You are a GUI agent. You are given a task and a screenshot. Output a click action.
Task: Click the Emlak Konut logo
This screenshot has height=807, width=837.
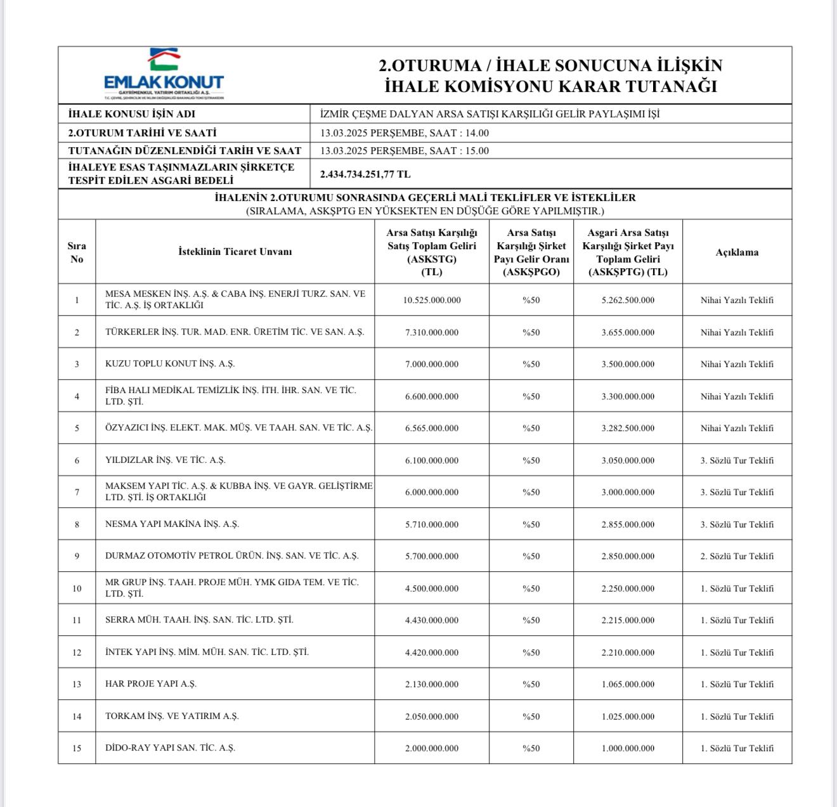click(164, 74)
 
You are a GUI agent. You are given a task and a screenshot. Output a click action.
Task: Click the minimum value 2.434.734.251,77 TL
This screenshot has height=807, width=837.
click(365, 174)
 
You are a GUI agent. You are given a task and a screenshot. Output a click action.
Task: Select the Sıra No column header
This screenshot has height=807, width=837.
click(77, 252)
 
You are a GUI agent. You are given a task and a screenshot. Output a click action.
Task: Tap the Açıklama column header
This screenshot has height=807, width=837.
click(737, 252)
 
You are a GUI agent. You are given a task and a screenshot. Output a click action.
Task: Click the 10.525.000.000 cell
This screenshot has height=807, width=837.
click(432, 300)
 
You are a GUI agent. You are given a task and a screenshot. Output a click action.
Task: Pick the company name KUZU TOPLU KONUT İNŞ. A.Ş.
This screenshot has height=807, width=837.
click(170, 364)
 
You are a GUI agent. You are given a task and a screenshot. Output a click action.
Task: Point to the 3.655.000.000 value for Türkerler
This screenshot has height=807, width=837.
click(628, 332)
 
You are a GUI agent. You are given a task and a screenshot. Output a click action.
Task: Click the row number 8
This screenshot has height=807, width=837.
click(77, 524)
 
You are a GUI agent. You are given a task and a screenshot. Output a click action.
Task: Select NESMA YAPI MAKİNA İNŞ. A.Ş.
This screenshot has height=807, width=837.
click(172, 524)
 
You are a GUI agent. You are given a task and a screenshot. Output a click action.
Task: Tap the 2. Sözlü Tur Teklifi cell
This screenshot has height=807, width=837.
click(737, 556)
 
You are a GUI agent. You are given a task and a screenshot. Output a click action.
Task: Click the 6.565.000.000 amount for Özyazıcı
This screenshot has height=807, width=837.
click(432, 428)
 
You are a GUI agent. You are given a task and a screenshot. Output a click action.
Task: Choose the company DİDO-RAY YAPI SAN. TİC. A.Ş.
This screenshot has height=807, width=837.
click(170, 748)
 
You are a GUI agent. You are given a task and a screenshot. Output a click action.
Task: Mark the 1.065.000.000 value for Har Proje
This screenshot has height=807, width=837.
click(628, 684)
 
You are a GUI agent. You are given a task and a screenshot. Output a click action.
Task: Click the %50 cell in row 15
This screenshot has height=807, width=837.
click(531, 748)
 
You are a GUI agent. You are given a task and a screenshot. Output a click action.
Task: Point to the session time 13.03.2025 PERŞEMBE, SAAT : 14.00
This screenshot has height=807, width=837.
click(405, 133)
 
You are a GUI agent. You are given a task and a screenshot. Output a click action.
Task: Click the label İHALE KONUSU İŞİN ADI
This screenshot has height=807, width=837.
click(132, 114)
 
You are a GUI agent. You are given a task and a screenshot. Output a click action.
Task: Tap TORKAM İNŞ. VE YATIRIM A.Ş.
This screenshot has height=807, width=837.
click(172, 716)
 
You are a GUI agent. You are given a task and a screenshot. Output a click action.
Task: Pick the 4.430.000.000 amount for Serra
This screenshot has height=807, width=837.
click(432, 620)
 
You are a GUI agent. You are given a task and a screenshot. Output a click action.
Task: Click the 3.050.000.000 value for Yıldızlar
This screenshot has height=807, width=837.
click(628, 460)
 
